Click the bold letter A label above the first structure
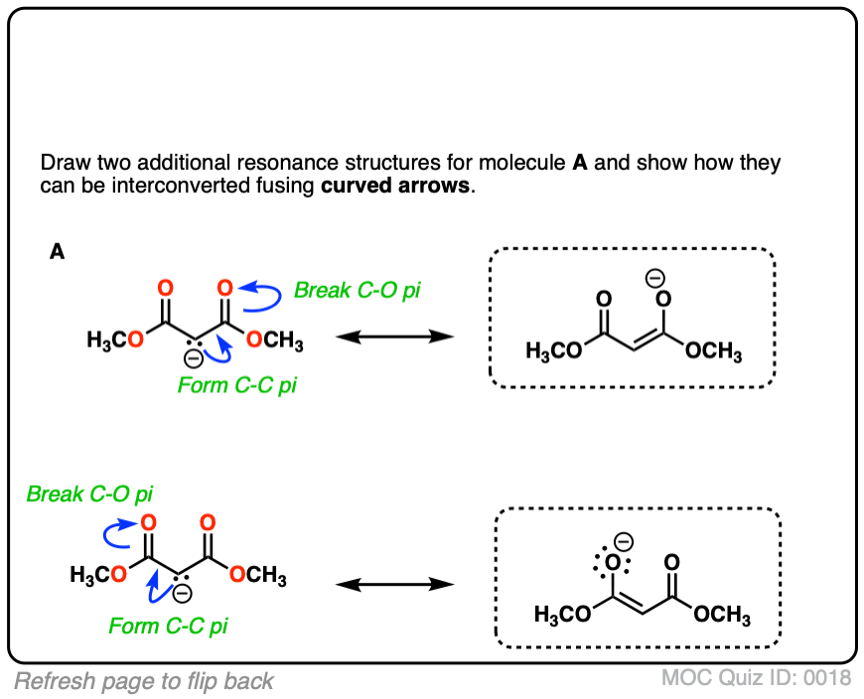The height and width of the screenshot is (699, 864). [x=59, y=253]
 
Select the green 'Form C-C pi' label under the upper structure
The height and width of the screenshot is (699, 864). [x=236, y=384]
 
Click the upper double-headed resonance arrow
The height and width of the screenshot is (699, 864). [x=395, y=338]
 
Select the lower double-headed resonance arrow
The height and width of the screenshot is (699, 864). [x=395, y=584]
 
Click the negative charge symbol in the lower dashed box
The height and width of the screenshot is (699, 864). [x=622, y=541]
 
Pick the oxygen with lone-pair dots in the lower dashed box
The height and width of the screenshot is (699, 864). [x=613, y=564]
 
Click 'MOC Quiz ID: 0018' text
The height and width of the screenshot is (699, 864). [x=757, y=678]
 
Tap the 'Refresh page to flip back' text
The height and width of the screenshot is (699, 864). [x=143, y=681]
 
